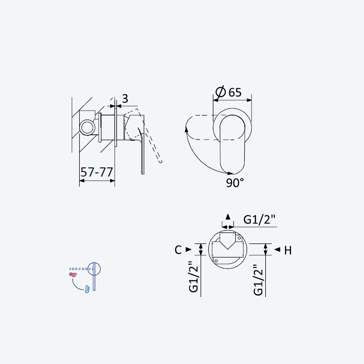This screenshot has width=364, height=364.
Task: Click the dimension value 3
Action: (125, 99)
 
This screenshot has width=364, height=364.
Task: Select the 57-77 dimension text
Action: (96, 172)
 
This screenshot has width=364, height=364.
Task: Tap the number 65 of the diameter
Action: (235, 92)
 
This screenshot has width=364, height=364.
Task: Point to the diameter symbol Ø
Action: (221, 91)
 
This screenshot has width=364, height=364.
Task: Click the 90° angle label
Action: (235, 183)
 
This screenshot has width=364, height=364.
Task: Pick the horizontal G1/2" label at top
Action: (259, 219)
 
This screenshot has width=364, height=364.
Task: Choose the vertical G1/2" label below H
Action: (258, 280)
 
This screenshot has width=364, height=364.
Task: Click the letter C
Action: (178, 250)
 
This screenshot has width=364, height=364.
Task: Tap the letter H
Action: (288, 251)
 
